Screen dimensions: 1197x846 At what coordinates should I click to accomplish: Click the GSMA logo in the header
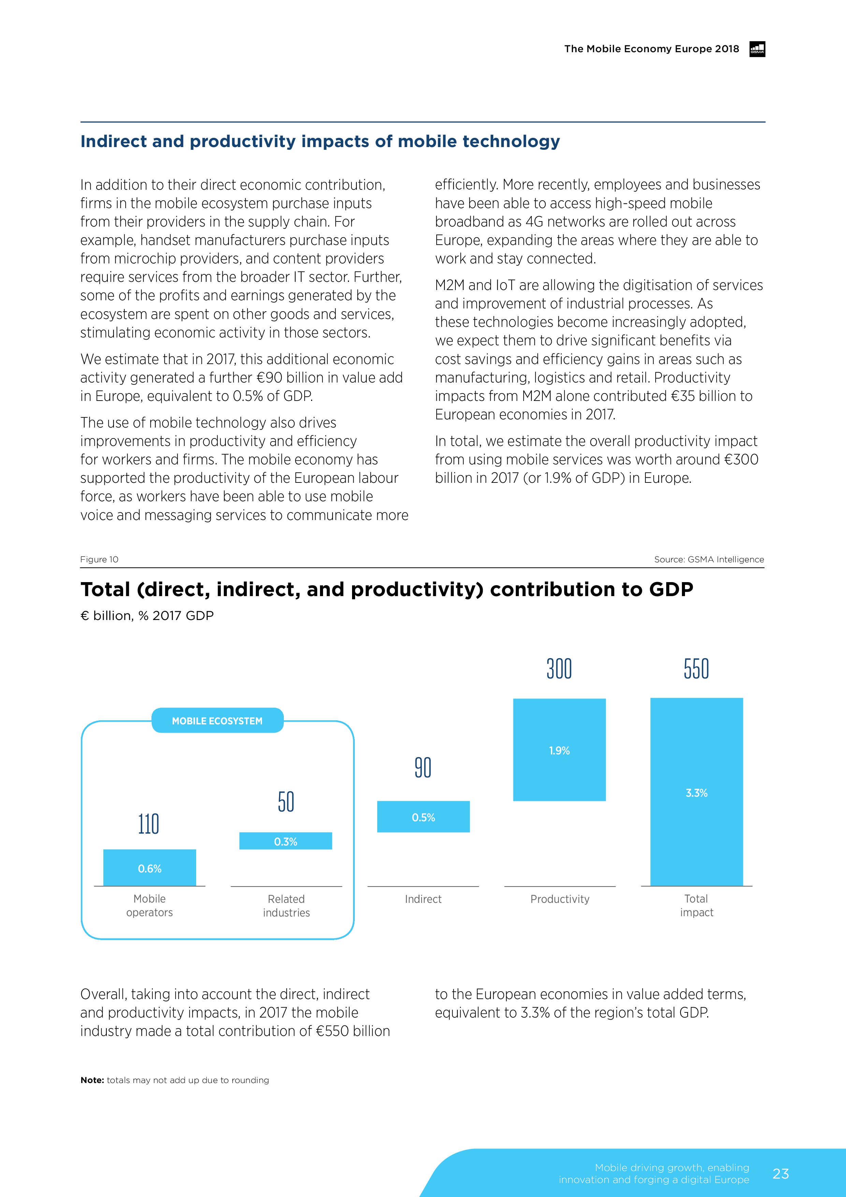pos(757,49)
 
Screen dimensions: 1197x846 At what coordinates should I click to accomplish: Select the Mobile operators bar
pos(150,867)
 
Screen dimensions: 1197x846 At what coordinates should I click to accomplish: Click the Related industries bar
pos(286,841)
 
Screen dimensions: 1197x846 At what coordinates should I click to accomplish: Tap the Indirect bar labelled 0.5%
pos(423,817)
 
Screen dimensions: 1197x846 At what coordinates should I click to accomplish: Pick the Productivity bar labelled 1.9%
pos(559,750)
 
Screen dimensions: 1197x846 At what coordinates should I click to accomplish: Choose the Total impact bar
pos(696,791)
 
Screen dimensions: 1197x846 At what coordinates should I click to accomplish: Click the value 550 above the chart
pos(696,669)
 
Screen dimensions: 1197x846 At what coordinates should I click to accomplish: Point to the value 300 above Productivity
pos(559,669)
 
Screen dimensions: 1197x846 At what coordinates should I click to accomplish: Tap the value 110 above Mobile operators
pos(148,824)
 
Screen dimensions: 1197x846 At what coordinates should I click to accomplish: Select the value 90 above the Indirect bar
pos(423,767)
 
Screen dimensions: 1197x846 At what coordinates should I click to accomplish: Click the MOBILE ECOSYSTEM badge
pos(217,721)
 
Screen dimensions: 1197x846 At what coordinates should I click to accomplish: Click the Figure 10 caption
pos(99,559)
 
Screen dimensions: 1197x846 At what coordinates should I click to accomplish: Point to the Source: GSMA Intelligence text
pos(709,559)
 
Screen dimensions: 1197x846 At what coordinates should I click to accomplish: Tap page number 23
pos(780,1173)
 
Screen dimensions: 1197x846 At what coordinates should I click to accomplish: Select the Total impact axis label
pos(696,906)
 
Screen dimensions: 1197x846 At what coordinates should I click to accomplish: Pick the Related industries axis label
pos(286,906)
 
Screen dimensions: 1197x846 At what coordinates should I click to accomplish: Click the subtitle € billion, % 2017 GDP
pos(147,616)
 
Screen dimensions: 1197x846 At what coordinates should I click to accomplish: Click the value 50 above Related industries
pos(286,802)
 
